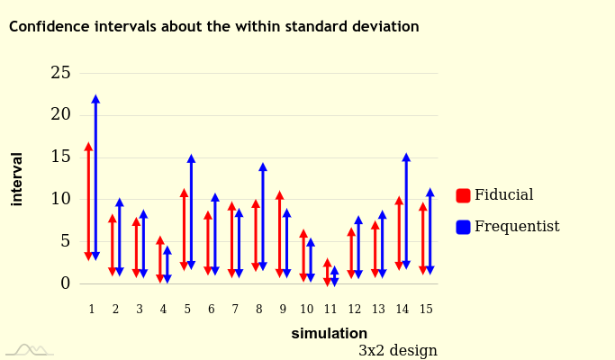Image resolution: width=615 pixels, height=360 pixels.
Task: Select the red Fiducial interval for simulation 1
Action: (88, 202)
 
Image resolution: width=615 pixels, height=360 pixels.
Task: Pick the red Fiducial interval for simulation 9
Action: (280, 233)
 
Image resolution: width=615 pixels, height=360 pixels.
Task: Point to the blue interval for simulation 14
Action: (406, 211)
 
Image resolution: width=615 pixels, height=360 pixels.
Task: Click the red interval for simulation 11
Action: (328, 272)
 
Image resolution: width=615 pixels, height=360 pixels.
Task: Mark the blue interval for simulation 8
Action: (263, 217)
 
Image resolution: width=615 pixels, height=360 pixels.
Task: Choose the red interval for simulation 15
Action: (423, 238)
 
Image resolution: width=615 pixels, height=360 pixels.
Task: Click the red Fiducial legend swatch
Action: (464, 195)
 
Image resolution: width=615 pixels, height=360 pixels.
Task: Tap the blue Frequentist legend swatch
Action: (464, 227)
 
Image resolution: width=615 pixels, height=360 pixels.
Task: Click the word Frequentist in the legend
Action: (517, 227)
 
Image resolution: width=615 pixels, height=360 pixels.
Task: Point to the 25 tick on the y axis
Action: (60, 73)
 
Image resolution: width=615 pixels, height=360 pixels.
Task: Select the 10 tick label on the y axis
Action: (60, 199)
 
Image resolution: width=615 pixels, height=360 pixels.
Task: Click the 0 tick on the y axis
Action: (65, 283)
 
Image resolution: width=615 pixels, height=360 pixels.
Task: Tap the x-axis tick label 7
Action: (235, 310)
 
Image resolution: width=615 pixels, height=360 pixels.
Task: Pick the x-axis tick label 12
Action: (355, 310)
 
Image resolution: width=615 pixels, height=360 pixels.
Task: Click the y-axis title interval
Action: (17, 178)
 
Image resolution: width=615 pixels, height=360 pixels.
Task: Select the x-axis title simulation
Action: (329, 334)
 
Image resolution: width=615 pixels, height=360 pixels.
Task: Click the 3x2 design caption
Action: (397, 350)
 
